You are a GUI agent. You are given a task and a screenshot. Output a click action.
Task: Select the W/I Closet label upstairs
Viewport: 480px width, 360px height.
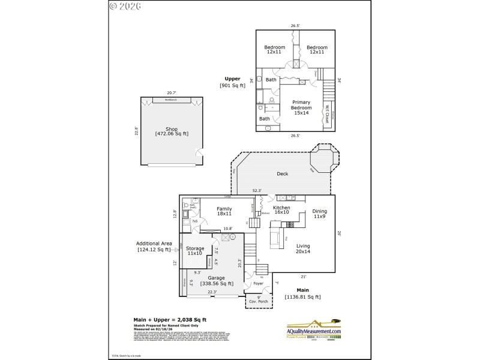pyautogui.click(x=327, y=114)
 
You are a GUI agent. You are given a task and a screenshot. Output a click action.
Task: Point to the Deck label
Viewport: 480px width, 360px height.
pyautogui.click(x=282, y=174)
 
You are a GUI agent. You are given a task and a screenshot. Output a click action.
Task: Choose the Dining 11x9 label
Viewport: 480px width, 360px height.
pyautogui.click(x=319, y=214)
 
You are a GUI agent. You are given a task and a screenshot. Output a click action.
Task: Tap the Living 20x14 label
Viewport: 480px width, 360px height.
pyautogui.click(x=303, y=248)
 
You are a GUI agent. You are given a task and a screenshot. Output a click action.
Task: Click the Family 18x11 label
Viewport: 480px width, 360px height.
pyautogui.click(x=224, y=211)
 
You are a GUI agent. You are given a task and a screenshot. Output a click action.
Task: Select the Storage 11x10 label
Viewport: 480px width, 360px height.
pyautogui.click(x=195, y=251)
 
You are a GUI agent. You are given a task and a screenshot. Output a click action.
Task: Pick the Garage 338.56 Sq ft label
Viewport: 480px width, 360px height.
pyautogui.click(x=216, y=281)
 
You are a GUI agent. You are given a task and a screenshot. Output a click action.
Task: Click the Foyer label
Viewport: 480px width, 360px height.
pyautogui.click(x=258, y=283)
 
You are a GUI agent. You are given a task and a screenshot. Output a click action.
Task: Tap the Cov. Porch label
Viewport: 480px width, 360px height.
pyautogui.click(x=259, y=299)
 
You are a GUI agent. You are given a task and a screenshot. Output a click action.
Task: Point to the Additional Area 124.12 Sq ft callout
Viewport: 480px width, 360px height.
pyautogui.click(x=154, y=247)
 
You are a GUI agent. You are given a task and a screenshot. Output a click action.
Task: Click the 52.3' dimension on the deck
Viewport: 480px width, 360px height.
pyautogui.click(x=257, y=191)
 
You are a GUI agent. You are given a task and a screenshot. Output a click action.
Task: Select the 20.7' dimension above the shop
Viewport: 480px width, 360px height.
pyautogui.click(x=171, y=93)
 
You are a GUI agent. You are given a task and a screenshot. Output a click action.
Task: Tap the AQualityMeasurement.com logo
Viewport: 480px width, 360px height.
pyautogui.click(x=313, y=329)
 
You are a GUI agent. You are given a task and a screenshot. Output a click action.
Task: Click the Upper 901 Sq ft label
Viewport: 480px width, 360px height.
pyautogui.click(x=232, y=82)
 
